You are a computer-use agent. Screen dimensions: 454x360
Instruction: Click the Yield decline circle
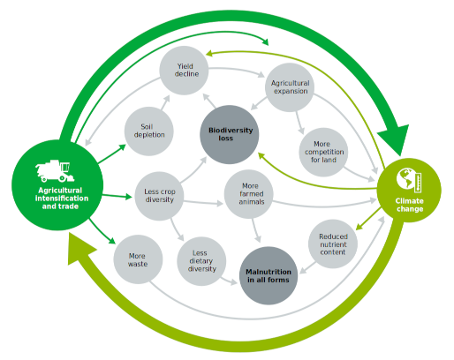(184, 71)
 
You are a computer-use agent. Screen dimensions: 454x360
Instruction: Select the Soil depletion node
(149, 131)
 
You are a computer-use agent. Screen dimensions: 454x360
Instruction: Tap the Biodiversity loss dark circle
(230, 134)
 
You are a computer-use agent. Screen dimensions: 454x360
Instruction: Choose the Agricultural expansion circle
(290, 87)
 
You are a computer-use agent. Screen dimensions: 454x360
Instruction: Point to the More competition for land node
(323, 152)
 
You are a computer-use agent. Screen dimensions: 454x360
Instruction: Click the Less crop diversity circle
(159, 196)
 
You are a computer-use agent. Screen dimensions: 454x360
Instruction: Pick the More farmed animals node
(249, 194)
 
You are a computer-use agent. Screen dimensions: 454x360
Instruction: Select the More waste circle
(138, 259)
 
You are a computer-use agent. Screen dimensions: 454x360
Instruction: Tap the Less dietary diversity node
(201, 261)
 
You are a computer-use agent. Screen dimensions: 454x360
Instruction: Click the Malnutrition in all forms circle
(269, 275)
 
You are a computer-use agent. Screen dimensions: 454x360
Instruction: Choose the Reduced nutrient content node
(333, 244)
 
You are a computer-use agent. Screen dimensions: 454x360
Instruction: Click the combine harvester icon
(55, 170)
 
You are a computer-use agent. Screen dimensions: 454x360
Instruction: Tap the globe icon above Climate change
(409, 180)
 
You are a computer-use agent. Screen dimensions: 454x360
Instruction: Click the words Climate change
(410, 205)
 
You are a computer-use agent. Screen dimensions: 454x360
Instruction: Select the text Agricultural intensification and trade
(61, 199)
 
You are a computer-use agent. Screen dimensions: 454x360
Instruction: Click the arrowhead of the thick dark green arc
(395, 139)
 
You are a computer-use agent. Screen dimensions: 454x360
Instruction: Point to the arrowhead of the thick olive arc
(80, 249)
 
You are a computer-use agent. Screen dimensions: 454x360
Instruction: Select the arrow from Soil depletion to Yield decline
(165, 102)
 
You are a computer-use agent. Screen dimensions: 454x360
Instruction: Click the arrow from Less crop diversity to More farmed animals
(203, 202)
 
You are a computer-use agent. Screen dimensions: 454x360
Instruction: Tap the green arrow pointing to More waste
(102, 231)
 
